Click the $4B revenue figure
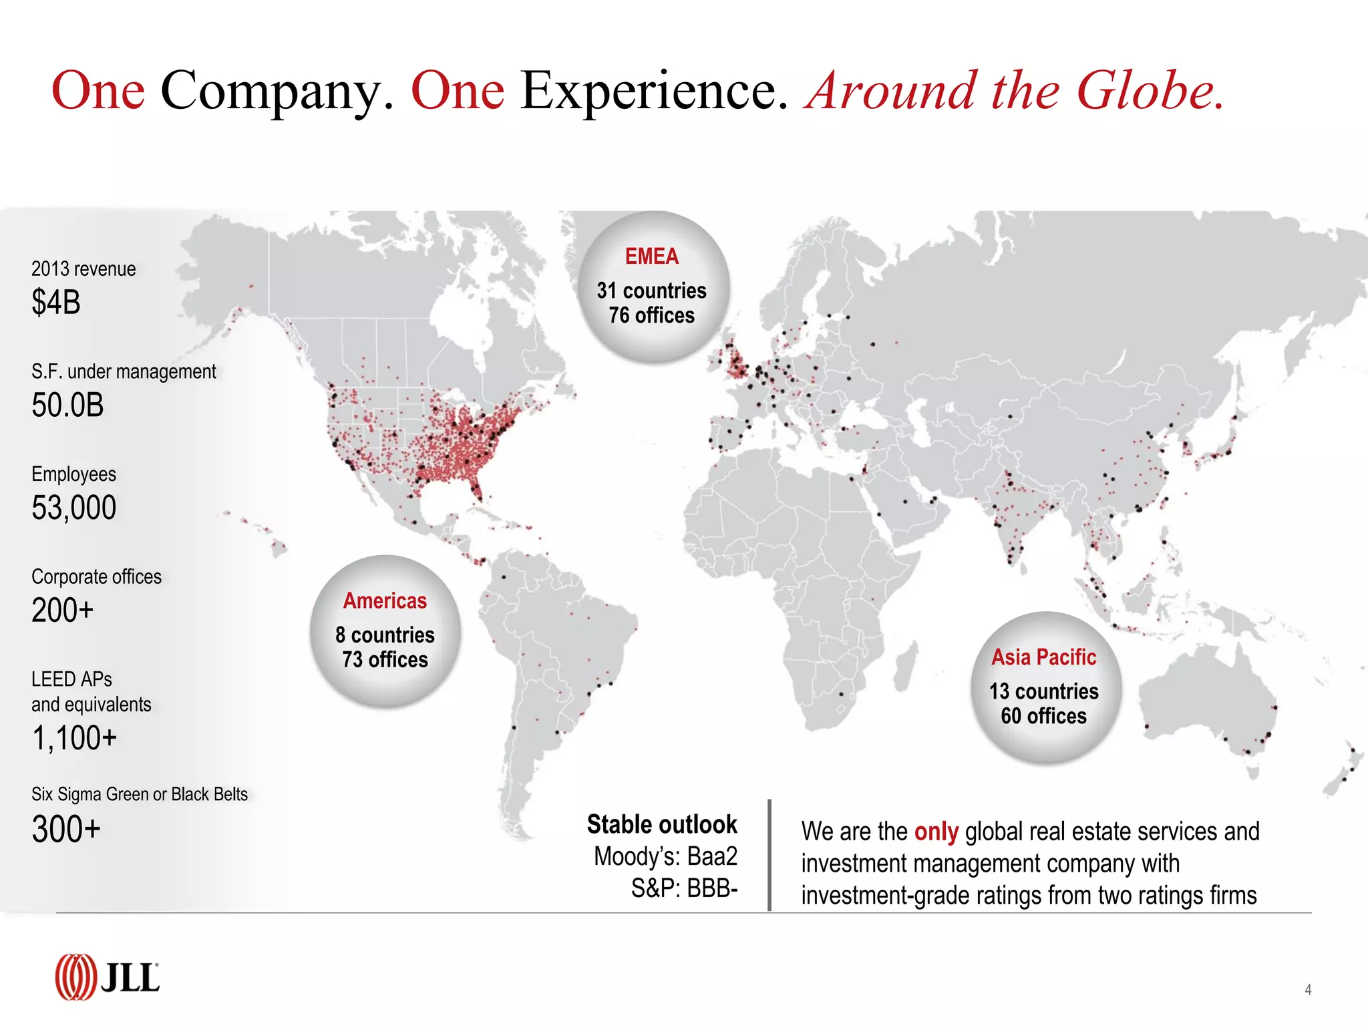coord(56,303)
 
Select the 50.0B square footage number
coord(67,405)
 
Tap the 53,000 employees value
coord(74,508)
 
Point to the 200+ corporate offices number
coord(63,611)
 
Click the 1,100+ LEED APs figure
coord(74,739)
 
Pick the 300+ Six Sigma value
coord(66,830)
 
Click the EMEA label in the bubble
coord(652,256)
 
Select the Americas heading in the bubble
coord(385,601)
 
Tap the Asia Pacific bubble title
coord(1043,657)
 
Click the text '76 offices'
coord(651,315)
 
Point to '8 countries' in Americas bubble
coord(385,635)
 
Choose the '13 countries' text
coord(1043,691)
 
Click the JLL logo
coord(107,977)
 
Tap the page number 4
coord(1308,990)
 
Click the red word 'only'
coord(936,832)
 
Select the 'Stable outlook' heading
coord(662,825)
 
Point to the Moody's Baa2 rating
coord(665,857)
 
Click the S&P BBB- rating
coord(684,889)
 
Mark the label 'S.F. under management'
coord(124,371)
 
